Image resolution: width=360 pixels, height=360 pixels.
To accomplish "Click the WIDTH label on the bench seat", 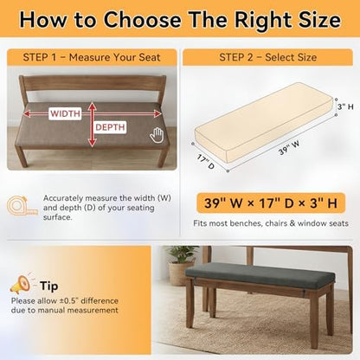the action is click(66, 113).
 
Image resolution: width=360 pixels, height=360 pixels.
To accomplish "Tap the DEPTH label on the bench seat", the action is click(110, 127).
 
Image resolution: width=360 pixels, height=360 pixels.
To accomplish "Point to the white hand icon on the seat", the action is click(157, 135).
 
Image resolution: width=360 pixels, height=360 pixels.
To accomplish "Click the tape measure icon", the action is click(22, 206).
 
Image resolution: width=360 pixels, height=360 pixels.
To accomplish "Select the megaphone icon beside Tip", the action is click(21, 284).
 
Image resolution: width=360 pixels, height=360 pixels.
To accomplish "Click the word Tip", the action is click(49, 286).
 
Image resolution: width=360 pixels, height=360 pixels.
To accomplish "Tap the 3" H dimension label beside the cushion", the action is click(345, 106).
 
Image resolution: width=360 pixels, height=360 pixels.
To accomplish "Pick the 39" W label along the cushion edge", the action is click(289, 148).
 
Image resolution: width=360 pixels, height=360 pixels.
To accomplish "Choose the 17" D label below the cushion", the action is click(206, 162).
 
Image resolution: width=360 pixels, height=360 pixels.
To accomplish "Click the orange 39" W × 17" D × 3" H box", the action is click(271, 203).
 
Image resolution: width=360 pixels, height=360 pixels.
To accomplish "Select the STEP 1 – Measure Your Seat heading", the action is click(92, 57).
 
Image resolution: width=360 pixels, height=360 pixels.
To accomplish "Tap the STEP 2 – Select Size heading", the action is click(267, 57).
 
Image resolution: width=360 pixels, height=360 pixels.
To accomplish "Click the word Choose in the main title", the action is click(142, 20).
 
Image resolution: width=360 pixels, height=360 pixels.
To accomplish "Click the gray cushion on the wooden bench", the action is click(260, 274).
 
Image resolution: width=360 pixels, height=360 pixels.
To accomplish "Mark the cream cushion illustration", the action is click(263, 121).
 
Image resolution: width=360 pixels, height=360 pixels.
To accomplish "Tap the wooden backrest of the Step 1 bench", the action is click(93, 83).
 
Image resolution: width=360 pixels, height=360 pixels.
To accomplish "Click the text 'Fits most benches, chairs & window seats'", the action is click(271, 223).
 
